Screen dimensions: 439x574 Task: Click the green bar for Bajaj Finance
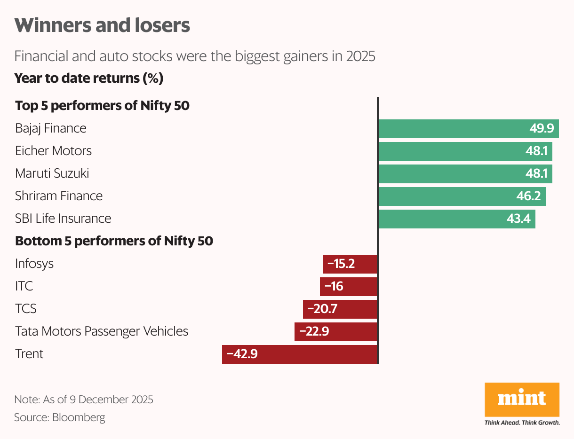pyautogui.click(x=468, y=128)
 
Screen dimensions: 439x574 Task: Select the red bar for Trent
pyautogui.click(x=300, y=354)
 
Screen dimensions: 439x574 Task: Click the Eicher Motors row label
pyautogui.click(x=53, y=151)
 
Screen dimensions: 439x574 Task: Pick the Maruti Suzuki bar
pyautogui.click(x=465, y=173)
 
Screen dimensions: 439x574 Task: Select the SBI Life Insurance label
pyautogui.click(x=63, y=219)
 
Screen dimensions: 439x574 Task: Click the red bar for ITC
pyautogui.click(x=349, y=286)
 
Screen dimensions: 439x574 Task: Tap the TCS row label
pyautogui.click(x=26, y=309)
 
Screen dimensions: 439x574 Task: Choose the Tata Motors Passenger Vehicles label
pyautogui.click(x=102, y=331)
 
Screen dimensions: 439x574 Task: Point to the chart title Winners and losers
pyautogui.click(x=102, y=25)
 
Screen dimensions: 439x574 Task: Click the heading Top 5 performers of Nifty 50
pyautogui.click(x=102, y=106)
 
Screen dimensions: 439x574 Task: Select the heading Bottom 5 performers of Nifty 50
pyautogui.click(x=114, y=241)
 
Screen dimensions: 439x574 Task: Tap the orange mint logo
pyautogui.click(x=522, y=399)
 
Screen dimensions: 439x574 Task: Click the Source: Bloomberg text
pyautogui.click(x=60, y=417)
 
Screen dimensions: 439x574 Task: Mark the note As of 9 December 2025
pyautogui.click(x=84, y=400)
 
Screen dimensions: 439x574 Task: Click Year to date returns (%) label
pyautogui.click(x=89, y=78)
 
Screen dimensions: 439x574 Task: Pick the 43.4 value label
pyautogui.click(x=518, y=219)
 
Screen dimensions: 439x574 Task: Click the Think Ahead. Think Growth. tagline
pyautogui.click(x=522, y=423)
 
